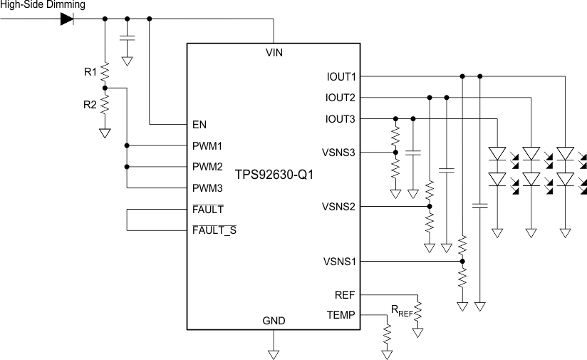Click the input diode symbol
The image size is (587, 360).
pos(68,19)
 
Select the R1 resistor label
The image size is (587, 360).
pos(90,71)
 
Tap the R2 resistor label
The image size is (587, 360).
pos(90,105)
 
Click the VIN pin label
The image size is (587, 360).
pos(274,53)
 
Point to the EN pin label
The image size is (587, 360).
pos(199,124)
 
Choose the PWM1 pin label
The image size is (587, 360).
pos(208,145)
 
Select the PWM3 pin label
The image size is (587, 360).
pos(208,188)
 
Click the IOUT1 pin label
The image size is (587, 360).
pos(340,76)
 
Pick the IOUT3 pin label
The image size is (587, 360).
pos(340,118)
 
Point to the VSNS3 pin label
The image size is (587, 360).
pos(339,152)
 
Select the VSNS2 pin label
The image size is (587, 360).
pos(339,207)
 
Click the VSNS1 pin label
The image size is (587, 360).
pos(339,262)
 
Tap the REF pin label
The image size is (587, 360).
pos(345,294)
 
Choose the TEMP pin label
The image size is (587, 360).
pos(341,314)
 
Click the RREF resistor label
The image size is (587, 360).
pos(401,309)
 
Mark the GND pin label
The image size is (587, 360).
pos(274,322)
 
